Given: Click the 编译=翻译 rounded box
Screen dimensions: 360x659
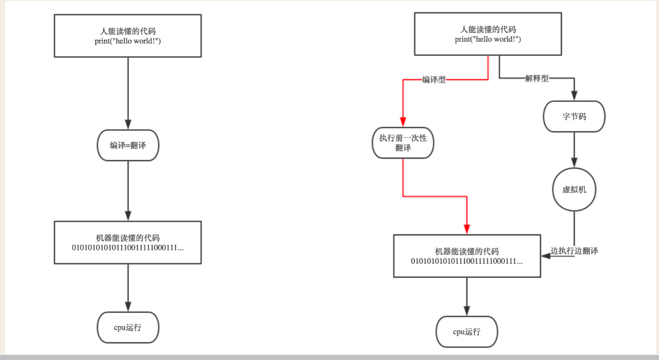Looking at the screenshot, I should point(128,145).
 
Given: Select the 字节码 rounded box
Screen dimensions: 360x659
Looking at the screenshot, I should point(574,117).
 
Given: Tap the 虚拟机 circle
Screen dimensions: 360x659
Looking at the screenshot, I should point(574,190).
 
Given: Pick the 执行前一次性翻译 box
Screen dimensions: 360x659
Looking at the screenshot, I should point(403,143).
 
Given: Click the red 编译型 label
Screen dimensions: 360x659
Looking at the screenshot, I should point(434,80).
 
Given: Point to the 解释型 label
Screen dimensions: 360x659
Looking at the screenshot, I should point(537,79).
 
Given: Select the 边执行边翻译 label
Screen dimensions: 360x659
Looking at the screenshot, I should point(574,251).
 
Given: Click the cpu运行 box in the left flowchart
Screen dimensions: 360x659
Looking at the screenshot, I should point(128,328).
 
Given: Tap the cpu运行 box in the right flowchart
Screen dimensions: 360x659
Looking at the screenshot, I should point(467,331).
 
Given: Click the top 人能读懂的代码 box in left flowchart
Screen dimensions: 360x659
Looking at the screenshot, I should point(128,36).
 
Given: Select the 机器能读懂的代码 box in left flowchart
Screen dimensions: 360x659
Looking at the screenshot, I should point(128,242).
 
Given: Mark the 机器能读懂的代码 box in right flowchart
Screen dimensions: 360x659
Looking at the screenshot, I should point(467,255).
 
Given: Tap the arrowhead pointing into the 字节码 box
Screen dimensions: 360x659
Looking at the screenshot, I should point(574,96).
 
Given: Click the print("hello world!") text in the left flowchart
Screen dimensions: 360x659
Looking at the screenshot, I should point(128,41).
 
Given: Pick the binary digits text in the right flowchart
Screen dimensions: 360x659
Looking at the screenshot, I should point(467,261).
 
